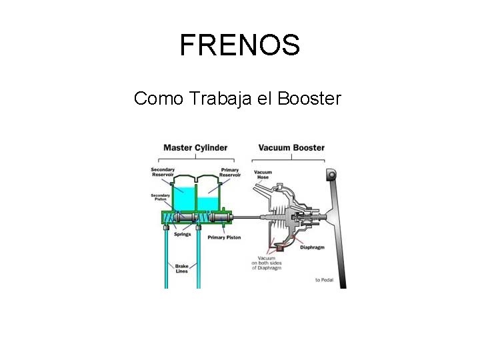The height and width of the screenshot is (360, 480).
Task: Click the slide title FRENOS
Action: coord(240,45)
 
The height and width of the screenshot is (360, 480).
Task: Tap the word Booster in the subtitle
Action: coord(309,99)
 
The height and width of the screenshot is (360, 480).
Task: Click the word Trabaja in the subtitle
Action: coord(216,99)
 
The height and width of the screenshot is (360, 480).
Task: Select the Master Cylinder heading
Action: coord(195,147)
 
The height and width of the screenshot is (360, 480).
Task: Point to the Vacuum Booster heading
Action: coord(291,147)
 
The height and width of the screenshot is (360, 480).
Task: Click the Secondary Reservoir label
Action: coord(163,172)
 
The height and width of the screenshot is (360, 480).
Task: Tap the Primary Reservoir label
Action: coord(230,172)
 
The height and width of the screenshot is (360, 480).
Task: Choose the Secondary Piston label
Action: coord(161,197)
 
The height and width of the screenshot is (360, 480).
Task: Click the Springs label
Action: coord(182,234)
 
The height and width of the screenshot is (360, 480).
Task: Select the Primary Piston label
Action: coord(224,237)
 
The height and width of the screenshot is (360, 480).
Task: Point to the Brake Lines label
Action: coord(181,268)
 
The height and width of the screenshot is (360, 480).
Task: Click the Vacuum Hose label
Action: coord(263,175)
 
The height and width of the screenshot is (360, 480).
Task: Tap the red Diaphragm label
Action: coord(312,247)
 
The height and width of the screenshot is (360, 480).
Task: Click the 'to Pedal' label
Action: coord(324,280)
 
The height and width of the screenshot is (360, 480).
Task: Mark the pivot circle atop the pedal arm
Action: coord(331,175)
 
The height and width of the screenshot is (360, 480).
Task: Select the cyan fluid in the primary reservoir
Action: coord(209,203)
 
